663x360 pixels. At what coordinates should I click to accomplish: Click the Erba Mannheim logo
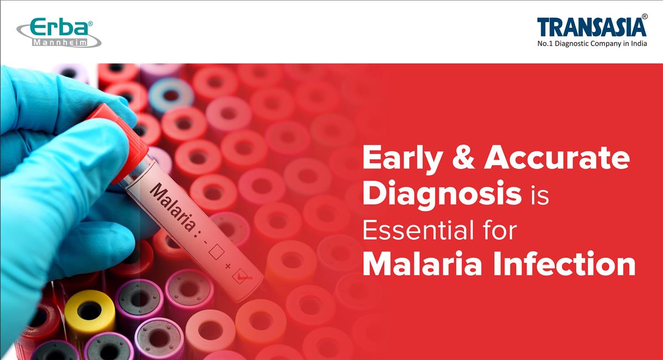58,32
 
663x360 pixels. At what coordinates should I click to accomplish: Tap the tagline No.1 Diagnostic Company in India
592,44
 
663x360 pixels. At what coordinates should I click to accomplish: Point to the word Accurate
557,159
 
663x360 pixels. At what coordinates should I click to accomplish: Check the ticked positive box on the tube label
241,276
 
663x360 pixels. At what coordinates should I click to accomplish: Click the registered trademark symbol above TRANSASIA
644,17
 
